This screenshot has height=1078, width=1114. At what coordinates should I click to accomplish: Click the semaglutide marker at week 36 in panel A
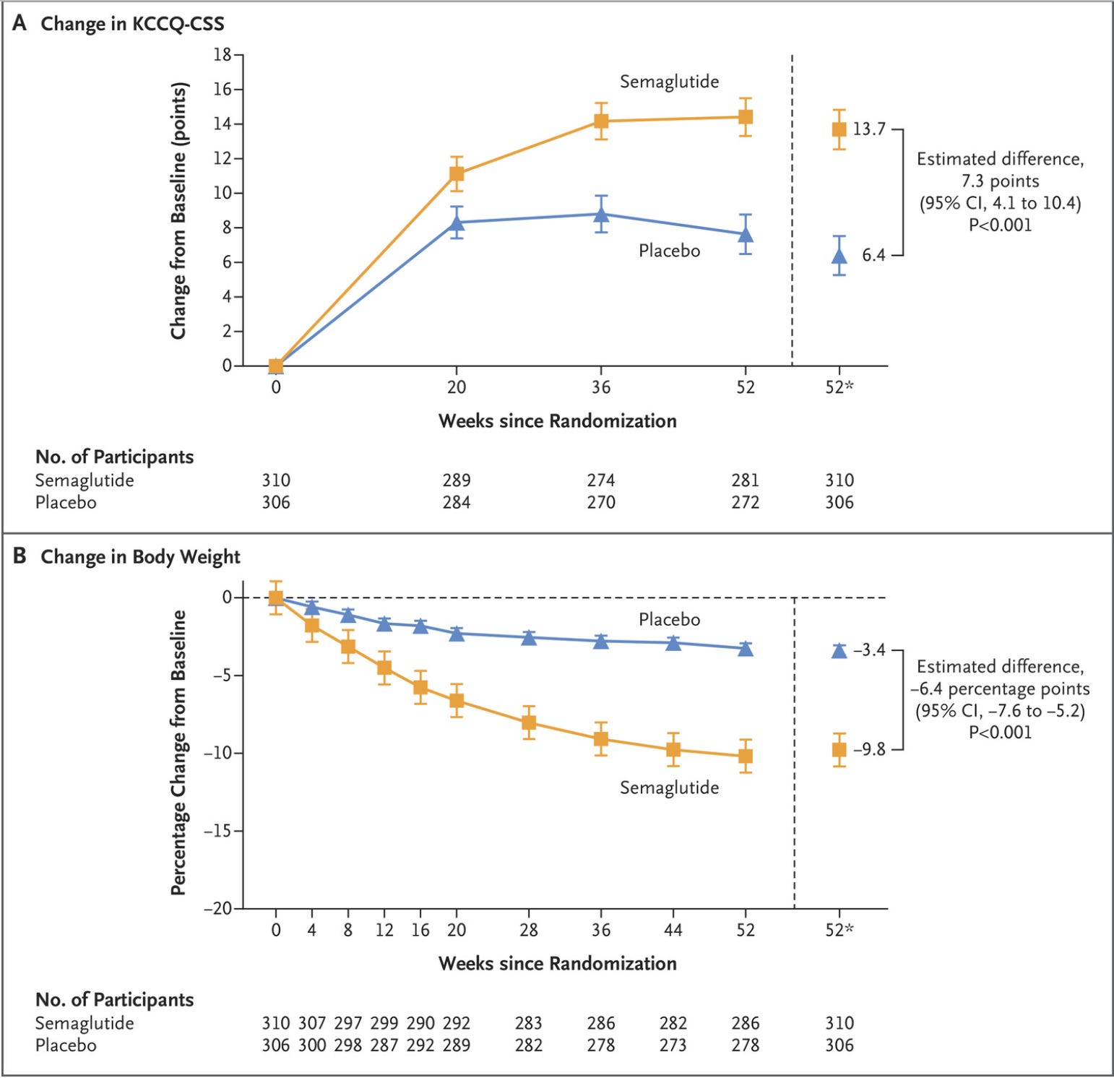(x=601, y=121)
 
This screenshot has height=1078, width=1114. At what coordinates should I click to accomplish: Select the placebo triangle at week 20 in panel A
(x=457, y=223)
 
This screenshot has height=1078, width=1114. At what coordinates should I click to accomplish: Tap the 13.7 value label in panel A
(x=868, y=129)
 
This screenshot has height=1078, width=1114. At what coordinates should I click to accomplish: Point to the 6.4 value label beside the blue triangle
(x=873, y=255)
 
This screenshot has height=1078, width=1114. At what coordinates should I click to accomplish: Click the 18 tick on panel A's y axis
(x=222, y=55)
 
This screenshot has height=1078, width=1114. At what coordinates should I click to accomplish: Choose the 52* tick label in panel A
(x=839, y=387)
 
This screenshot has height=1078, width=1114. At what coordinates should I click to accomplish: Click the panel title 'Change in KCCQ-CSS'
(x=132, y=24)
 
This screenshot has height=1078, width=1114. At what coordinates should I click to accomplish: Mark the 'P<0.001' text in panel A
(x=1000, y=225)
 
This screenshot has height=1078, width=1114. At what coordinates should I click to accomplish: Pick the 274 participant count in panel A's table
(x=601, y=480)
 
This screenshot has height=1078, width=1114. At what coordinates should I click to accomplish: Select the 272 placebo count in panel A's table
(x=745, y=502)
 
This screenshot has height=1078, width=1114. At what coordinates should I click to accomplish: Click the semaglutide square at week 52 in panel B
(x=746, y=756)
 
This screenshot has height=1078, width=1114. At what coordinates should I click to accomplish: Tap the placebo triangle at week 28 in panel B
(x=529, y=637)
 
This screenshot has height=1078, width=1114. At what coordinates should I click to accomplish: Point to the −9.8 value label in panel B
(x=868, y=749)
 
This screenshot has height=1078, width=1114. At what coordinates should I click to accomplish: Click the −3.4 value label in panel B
(x=868, y=650)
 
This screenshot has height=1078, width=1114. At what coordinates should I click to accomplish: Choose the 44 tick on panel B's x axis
(x=673, y=930)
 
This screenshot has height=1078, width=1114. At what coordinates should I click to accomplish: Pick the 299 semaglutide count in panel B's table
(x=384, y=1023)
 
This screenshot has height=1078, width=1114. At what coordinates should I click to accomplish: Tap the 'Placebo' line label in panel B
(x=669, y=619)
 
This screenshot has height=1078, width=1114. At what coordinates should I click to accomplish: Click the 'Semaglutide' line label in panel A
(x=669, y=82)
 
